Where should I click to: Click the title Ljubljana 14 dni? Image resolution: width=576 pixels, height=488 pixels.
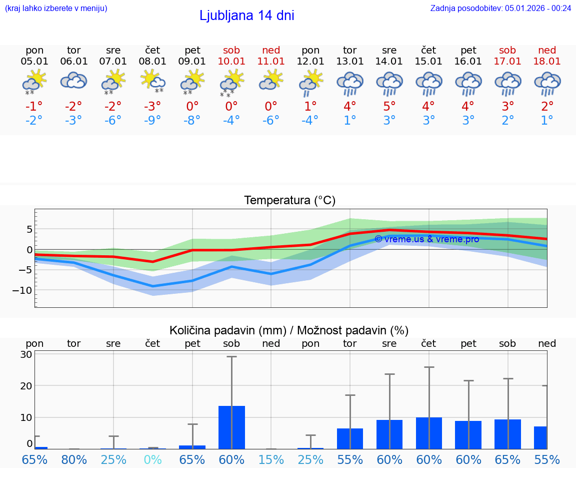click(x=246, y=16)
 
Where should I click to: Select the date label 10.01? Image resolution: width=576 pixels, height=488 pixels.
click(x=231, y=62)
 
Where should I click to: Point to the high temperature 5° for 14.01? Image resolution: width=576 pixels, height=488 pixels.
click(x=389, y=106)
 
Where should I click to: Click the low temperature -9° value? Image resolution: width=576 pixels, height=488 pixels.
click(x=152, y=121)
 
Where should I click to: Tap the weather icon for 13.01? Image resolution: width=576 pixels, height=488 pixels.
click(x=349, y=83)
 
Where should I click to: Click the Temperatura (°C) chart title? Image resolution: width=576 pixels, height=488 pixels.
click(x=289, y=201)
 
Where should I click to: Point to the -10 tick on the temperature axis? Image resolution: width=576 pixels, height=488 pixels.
click(x=23, y=290)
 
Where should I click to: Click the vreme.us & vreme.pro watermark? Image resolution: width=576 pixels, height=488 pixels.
click(x=426, y=239)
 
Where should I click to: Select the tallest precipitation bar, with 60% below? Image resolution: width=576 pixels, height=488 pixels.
click(x=231, y=427)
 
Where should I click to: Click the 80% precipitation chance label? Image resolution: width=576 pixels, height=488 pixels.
click(x=74, y=459)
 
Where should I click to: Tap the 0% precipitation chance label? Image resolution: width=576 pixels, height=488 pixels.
click(x=152, y=459)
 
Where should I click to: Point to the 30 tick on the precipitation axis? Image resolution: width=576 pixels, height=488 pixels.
click(x=26, y=354)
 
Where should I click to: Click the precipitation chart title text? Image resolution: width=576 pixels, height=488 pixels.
click(x=289, y=330)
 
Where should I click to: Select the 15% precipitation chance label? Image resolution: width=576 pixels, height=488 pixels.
click(x=271, y=459)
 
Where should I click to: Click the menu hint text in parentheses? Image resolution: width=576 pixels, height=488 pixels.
click(x=56, y=8)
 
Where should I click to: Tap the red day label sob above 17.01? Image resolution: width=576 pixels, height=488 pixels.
click(x=507, y=50)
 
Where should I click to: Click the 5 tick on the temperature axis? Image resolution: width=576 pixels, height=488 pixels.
click(x=29, y=229)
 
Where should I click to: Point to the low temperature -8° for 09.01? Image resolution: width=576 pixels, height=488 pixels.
click(x=192, y=121)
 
